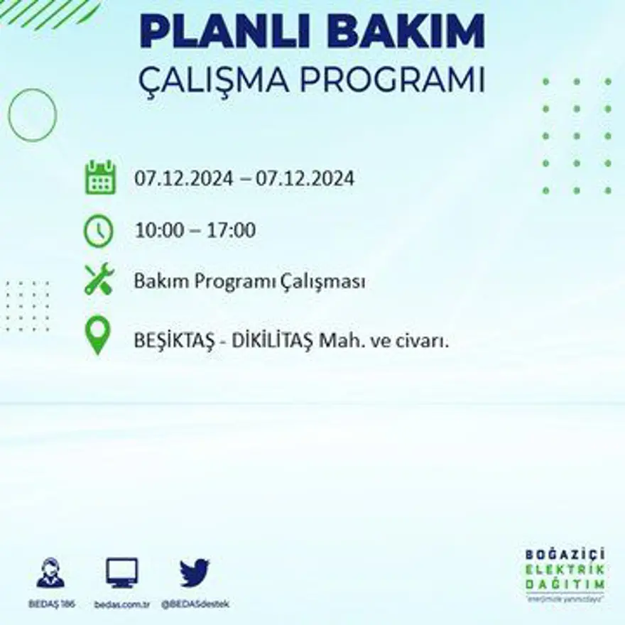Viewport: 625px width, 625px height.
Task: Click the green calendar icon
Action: [100, 178]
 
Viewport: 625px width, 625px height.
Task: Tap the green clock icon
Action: [99, 232]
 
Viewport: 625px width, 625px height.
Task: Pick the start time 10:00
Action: [158, 231]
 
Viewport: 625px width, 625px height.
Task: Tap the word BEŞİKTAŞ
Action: [171, 341]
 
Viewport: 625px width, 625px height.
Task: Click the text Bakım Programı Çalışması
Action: [249, 282]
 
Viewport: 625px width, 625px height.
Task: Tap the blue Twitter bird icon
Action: [195, 573]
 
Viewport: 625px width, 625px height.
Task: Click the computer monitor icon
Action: [122, 572]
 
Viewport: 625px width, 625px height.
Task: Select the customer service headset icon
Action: [50, 573]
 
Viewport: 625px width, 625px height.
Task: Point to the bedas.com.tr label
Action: [121, 604]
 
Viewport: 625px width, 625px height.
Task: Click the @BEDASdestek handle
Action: [195, 604]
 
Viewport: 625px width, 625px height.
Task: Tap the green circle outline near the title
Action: [32, 114]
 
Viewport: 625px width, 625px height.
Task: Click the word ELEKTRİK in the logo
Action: [565, 569]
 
